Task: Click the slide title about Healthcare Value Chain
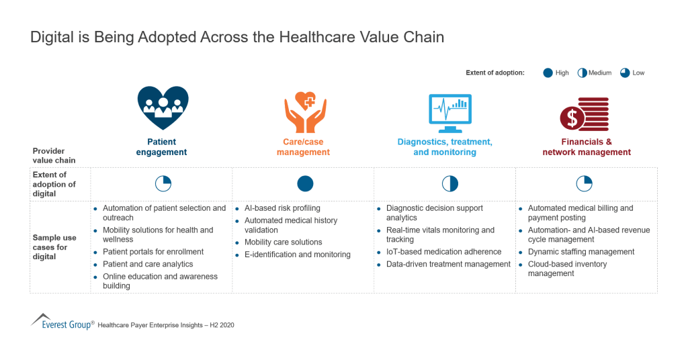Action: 237,38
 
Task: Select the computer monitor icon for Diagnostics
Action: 449,112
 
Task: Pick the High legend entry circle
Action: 548,73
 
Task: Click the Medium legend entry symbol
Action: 583,73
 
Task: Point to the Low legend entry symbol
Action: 625,73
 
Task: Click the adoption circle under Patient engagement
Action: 163,183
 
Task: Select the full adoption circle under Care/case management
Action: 305,183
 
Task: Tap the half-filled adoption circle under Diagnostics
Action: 449,183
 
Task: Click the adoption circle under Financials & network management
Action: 585,183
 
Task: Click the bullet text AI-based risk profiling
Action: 282,208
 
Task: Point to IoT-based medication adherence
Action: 443,252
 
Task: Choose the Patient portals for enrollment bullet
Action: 153,252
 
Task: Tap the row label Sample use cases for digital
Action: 54,247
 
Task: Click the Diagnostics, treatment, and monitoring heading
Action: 445,147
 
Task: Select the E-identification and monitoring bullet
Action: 297,255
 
